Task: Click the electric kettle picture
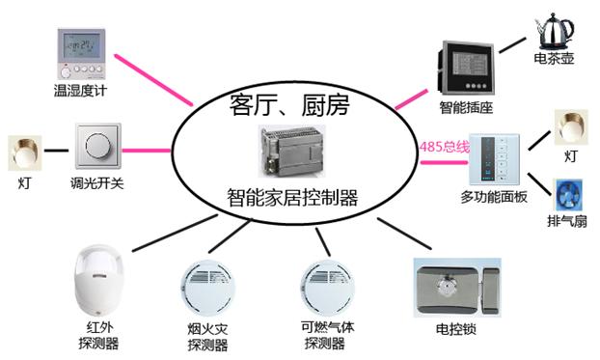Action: tap(556, 31)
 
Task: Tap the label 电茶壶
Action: tap(554, 58)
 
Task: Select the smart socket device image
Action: tap(466, 68)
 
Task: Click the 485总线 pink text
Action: tap(445, 147)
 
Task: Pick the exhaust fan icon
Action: tap(568, 195)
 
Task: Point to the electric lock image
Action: tap(457, 288)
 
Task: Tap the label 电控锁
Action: tap(455, 328)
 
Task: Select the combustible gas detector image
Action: tap(327, 288)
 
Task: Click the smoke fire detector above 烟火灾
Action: tap(207, 288)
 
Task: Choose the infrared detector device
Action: tap(99, 280)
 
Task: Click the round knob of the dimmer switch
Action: tap(98, 146)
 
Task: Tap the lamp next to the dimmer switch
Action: tap(25, 152)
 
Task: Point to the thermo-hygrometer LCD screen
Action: tap(81, 45)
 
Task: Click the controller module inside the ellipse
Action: tap(291, 151)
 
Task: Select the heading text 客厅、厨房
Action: tap(289, 105)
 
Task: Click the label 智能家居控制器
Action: tap(292, 197)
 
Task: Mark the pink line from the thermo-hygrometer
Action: tap(153, 80)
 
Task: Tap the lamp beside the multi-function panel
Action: tap(571, 127)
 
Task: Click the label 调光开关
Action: tap(97, 183)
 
